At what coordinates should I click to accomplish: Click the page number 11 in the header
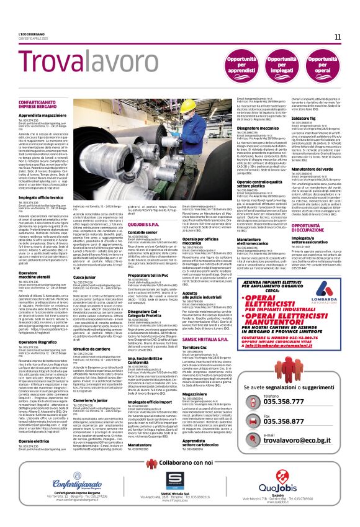click(338, 37)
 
